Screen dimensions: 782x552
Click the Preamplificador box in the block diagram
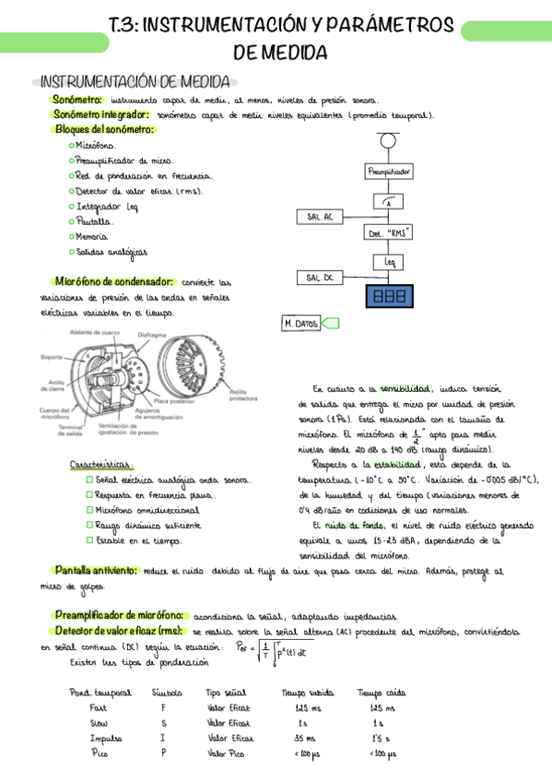point(390,172)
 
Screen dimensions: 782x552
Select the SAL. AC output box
point(319,217)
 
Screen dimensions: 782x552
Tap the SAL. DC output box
point(319,278)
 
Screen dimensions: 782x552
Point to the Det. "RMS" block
point(389,234)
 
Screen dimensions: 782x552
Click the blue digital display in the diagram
point(389,296)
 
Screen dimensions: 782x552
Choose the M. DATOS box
point(301,324)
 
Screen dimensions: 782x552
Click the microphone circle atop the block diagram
point(389,141)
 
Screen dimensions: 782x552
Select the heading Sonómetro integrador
point(100,114)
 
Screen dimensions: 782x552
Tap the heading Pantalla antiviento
point(96,571)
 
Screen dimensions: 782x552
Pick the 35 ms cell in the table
point(304,738)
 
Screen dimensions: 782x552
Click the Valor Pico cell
point(226,753)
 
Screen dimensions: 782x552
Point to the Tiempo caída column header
point(382,693)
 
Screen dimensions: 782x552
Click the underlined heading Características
point(102,465)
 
